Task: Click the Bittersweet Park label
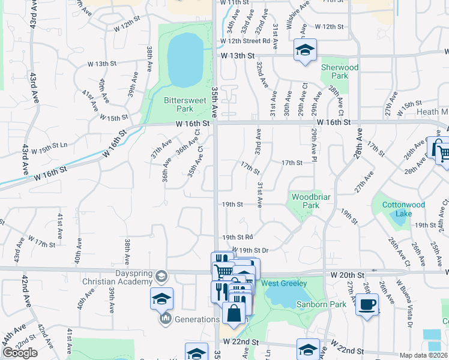click(178, 105)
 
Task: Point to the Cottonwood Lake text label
click(403, 209)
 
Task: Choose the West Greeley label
click(285, 283)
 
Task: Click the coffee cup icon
click(366, 304)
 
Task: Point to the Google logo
click(20, 353)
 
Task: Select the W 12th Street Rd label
click(245, 41)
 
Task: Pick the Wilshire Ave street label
click(298, 16)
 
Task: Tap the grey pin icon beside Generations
click(166, 318)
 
